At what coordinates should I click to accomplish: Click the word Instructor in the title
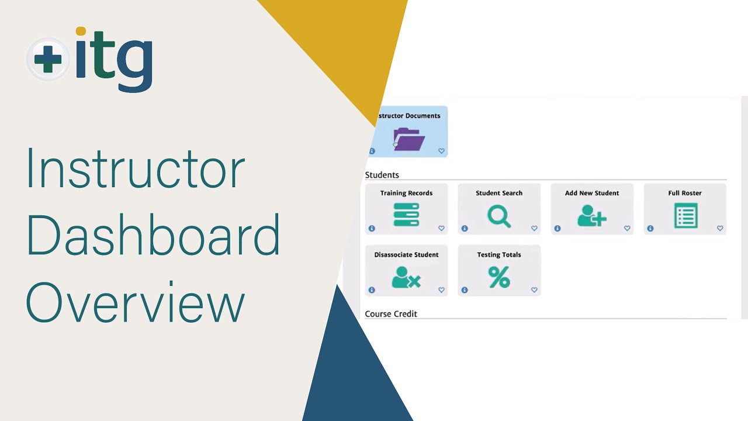coord(135,170)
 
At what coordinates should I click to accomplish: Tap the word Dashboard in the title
coord(153,236)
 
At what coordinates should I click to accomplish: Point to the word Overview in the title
coord(135,303)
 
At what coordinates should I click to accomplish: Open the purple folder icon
coord(409,139)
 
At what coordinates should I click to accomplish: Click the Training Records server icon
coord(406,215)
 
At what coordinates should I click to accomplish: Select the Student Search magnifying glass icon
coord(499,216)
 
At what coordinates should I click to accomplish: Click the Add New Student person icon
coord(591,216)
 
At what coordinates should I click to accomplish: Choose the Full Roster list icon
coord(685,215)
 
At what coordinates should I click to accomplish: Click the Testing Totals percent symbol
coord(499,277)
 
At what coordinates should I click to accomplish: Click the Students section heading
coord(382,175)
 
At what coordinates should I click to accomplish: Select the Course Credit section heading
coord(391,314)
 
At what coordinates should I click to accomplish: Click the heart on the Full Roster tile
coord(720,229)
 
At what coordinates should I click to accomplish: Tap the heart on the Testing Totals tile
coord(534,290)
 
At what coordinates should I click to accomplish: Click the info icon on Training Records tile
coord(372,229)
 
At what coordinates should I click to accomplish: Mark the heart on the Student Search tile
coord(534,229)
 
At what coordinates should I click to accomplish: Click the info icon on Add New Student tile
coord(557,229)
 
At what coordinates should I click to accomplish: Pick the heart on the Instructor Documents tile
coord(441,151)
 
